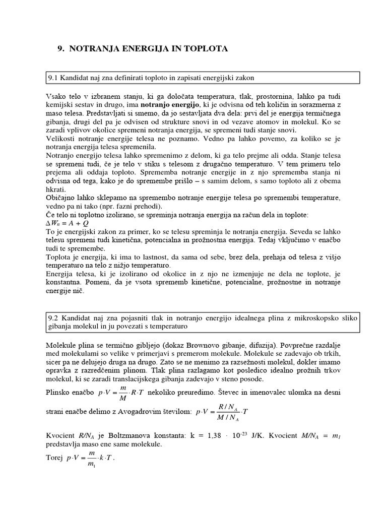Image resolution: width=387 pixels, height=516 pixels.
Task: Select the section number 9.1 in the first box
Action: [53, 78]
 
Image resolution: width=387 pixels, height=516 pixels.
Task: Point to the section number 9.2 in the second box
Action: [53, 317]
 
